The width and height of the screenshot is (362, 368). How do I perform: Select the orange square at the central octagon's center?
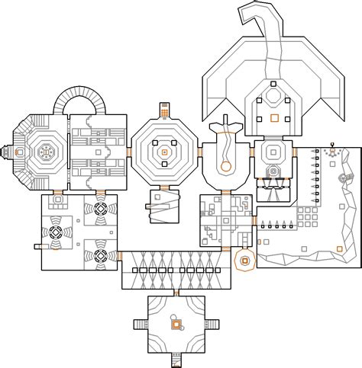pos(163,152)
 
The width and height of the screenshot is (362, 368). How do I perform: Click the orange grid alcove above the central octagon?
pos(164,113)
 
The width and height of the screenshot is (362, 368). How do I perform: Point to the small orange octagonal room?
pos(244,261)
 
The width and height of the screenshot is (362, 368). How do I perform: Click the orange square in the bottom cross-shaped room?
pos(176,325)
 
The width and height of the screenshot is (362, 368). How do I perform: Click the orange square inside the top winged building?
pos(273,117)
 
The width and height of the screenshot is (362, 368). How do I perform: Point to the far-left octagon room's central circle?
pos(44,152)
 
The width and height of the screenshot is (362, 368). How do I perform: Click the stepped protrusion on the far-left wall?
pos(7,152)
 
